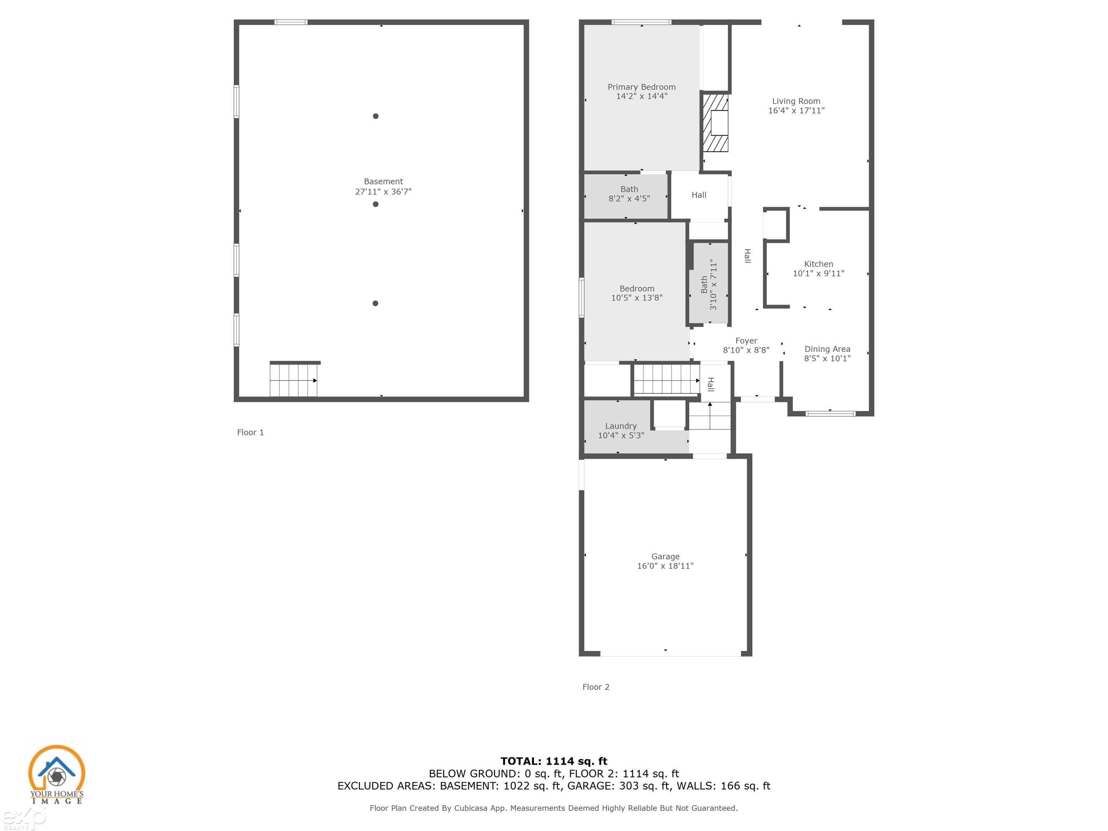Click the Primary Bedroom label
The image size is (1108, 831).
pos(642,87)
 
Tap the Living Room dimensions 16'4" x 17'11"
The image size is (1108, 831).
pos(796,111)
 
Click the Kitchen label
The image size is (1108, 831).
pos(818,264)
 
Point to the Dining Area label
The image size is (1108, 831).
pos(827,349)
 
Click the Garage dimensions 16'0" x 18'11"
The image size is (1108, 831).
pos(665,566)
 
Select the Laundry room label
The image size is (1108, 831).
pos(621,426)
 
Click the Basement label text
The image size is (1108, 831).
pos(383,182)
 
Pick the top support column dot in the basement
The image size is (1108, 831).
pos(376,116)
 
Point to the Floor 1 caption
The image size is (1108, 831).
pos(250,432)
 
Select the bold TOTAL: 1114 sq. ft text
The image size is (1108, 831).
pos(554,761)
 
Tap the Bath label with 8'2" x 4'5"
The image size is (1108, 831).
pos(629,194)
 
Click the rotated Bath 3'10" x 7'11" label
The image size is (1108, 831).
pos(709,285)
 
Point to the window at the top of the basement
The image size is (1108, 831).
pos(291,22)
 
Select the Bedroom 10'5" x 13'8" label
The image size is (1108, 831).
pos(637,293)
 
